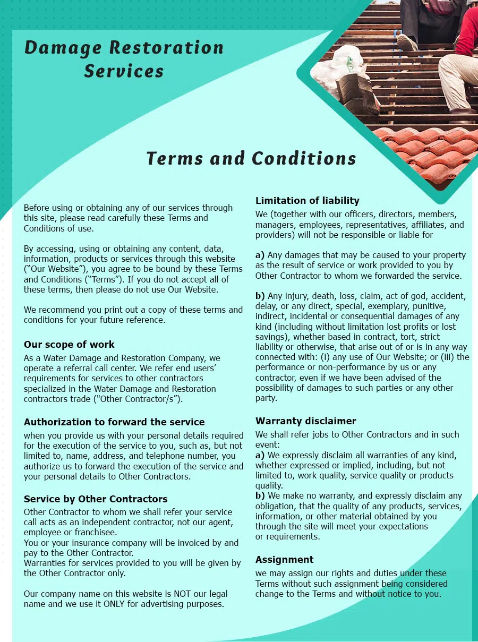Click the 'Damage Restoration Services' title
click(124, 58)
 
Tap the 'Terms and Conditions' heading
click(251, 158)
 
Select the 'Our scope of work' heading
click(69, 344)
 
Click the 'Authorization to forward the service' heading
click(114, 422)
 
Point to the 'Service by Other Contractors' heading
click(96, 499)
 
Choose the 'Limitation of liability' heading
click(308, 200)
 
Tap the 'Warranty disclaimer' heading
click(306, 421)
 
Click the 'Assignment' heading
click(285, 559)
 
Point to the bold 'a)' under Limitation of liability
click(260, 255)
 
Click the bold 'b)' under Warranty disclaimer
click(260, 495)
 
